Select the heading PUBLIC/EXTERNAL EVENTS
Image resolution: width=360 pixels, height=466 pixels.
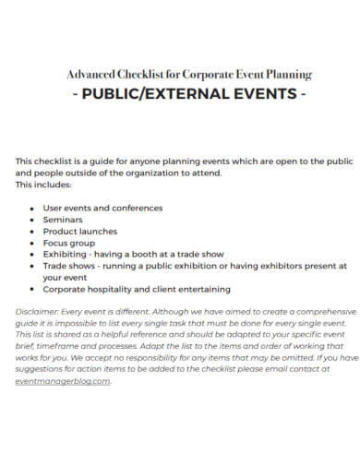point(180,93)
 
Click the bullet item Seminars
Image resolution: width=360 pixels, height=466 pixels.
point(63,220)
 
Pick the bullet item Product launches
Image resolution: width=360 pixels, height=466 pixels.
point(81,231)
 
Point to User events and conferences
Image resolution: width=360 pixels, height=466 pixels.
point(102,209)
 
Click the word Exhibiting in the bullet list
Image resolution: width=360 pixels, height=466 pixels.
point(65,253)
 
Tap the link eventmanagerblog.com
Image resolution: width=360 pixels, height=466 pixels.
point(63,380)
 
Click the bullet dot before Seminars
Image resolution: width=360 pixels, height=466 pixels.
point(32,221)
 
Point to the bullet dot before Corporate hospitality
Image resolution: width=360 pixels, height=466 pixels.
point(32,289)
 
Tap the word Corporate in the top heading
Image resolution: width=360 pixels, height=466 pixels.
point(209,74)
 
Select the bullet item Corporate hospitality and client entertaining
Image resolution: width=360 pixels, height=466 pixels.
point(137,288)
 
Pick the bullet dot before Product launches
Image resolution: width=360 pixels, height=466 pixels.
point(32,232)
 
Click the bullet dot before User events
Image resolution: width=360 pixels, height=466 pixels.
point(32,209)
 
